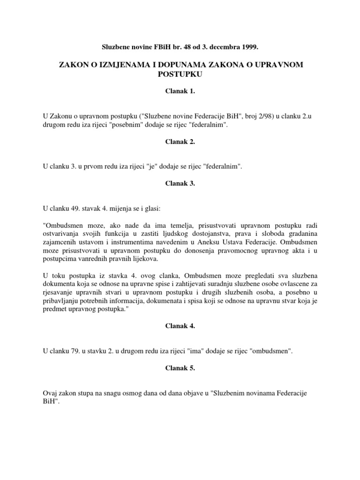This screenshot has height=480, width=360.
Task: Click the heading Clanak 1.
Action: click(180, 92)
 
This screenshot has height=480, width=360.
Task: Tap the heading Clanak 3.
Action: click(180, 184)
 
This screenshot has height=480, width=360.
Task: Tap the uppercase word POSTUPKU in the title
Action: click(180, 74)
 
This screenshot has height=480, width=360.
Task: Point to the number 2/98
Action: click(243, 113)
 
